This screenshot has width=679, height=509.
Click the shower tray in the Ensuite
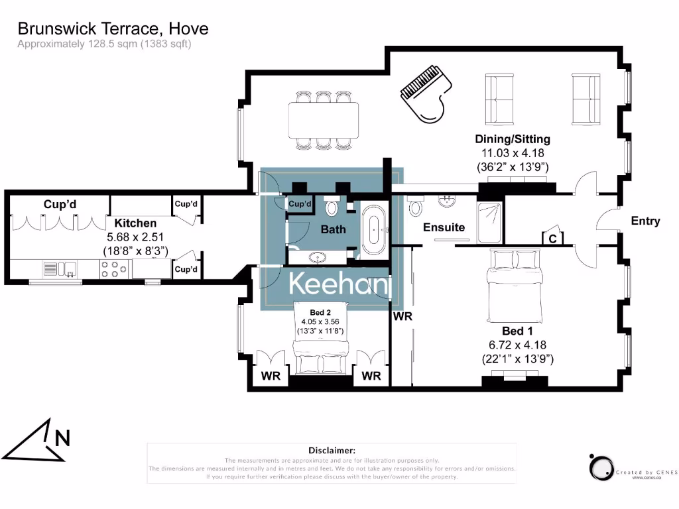coord(491,216)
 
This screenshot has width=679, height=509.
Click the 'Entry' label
coord(645,221)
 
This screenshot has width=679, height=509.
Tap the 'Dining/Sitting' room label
coord(512,139)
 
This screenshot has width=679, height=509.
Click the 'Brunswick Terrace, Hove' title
coord(113,28)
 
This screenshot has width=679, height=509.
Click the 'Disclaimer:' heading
coord(332,450)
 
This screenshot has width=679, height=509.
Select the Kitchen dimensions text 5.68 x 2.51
coord(133,237)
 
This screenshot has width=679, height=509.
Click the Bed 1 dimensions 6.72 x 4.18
coord(517,345)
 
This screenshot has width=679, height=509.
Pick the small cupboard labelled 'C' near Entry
coord(552,238)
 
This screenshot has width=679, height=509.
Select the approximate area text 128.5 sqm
coord(104,44)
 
